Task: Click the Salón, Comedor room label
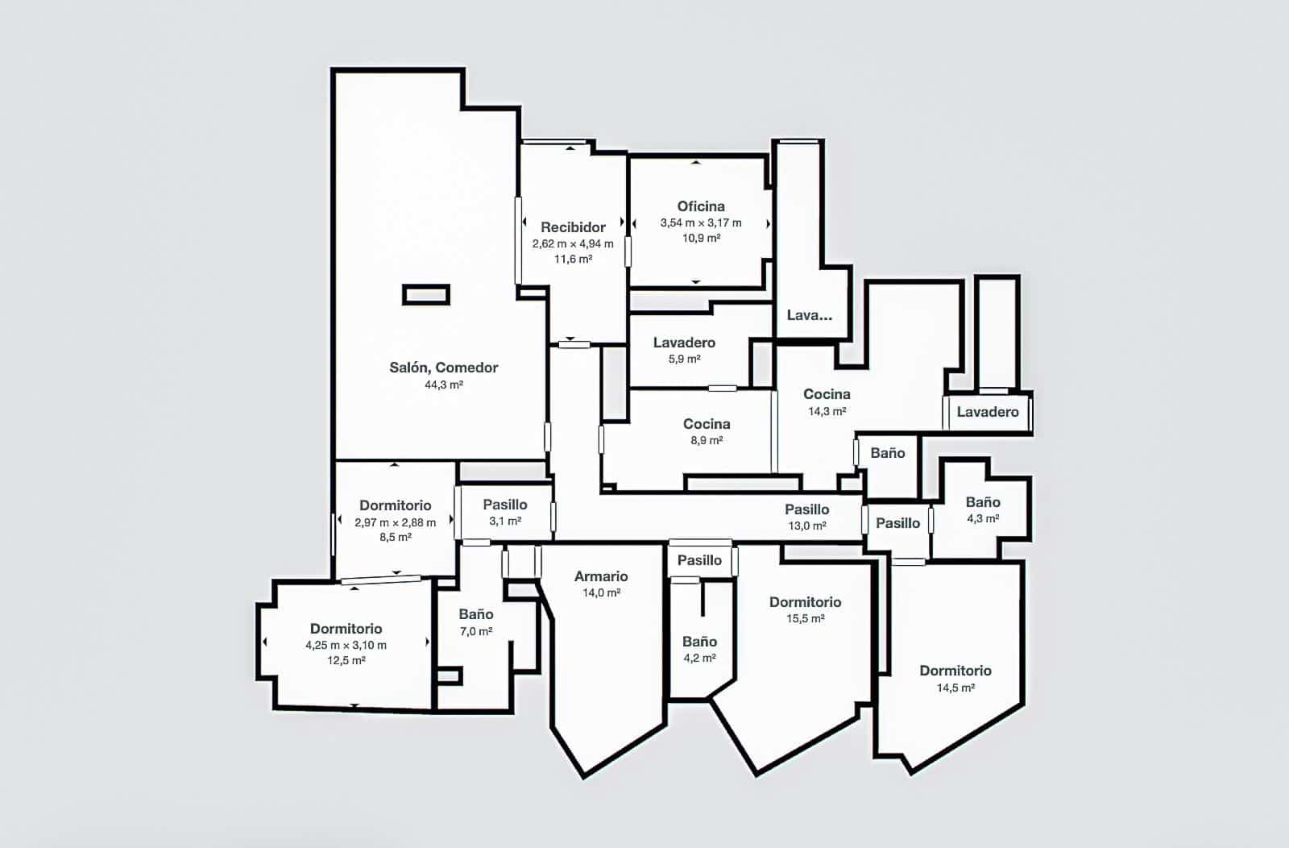click(x=444, y=368)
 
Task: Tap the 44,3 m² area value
click(x=444, y=385)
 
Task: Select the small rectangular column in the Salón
click(x=426, y=295)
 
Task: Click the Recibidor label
click(x=573, y=227)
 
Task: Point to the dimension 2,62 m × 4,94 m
click(x=573, y=243)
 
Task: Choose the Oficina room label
click(x=701, y=206)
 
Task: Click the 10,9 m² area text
click(x=701, y=239)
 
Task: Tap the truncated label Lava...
click(x=809, y=315)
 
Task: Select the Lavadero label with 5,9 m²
click(x=684, y=343)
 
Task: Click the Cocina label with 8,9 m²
click(x=707, y=424)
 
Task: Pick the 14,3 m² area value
click(x=827, y=411)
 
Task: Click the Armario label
click(x=601, y=576)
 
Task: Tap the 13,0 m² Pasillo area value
click(x=807, y=526)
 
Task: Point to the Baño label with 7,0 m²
click(x=476, y=614)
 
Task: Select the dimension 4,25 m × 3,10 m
click(x=346, y=645)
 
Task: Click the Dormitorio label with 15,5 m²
click(x=805, y=602)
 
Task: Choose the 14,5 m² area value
click(x=955, y=688)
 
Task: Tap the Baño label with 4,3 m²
click(x=983, y=502)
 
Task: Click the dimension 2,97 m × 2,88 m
click(x=396, y=522)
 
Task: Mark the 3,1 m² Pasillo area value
click(x=505, y=522)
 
